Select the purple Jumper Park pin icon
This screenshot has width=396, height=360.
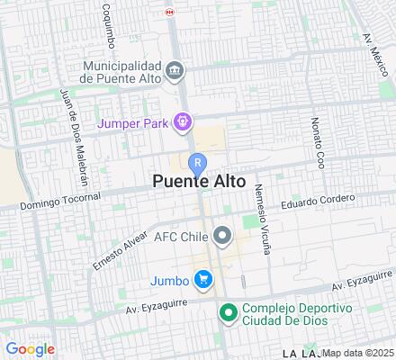pyautogui.click(x=184, y=119)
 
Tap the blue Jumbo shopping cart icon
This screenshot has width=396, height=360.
pyautogui.click(x=206, y=280)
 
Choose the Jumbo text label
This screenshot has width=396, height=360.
pyautogui.click(x=172, y=280)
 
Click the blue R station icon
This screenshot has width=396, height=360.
pyautogui.click(x=197, y=162)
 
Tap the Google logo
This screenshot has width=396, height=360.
pyautogui.click(x=30, y=349)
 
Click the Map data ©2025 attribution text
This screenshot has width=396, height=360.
pyautogui.click(x=358, y=352)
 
